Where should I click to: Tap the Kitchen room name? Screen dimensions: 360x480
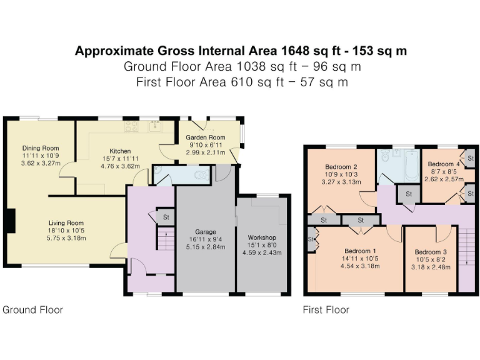click(x=120, y=151)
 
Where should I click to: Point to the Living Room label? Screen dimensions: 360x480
click(x=66, y=222)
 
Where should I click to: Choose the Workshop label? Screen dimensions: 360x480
click(x=262, y=237)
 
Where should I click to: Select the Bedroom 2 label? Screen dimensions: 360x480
click(x=341, y=167)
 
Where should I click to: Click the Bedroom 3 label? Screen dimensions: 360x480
click(x=432, y=252)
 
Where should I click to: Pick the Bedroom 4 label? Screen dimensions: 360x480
click(x=443, y=164)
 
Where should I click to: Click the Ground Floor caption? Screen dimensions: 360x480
click(x=33, y=309)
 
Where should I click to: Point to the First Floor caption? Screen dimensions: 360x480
click(x=326, y=309)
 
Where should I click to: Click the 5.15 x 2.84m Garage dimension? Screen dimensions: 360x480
click(x=201, y=247)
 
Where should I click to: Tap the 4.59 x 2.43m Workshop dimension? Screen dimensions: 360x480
click(x=262, y=252)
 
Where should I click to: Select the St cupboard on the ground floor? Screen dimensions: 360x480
click(x=166, y=217)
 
